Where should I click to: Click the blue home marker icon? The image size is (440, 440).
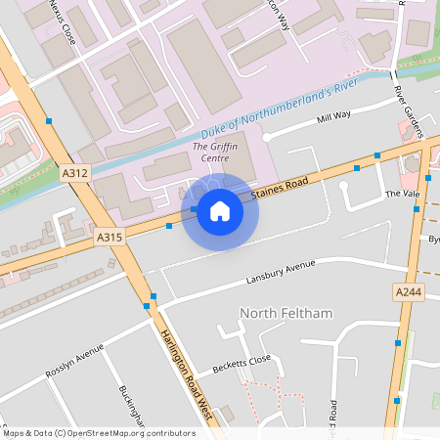tap(220, 210)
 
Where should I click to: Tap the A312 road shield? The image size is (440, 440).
tap(74, 173)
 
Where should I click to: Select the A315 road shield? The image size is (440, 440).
tap(110, 237)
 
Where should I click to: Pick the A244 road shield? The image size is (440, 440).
tap(409, 292)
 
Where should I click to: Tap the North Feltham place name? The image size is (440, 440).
tap(286, 313)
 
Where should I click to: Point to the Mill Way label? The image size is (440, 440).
tap(333, 116)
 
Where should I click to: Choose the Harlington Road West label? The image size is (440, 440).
tap(186, 373)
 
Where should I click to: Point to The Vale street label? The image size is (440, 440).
tap(401, 194)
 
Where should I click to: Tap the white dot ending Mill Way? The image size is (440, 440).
tap(266, 137)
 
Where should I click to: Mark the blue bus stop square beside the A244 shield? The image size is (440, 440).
tap(397, 342)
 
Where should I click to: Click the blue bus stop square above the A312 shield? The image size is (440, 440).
tap(49, 120)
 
